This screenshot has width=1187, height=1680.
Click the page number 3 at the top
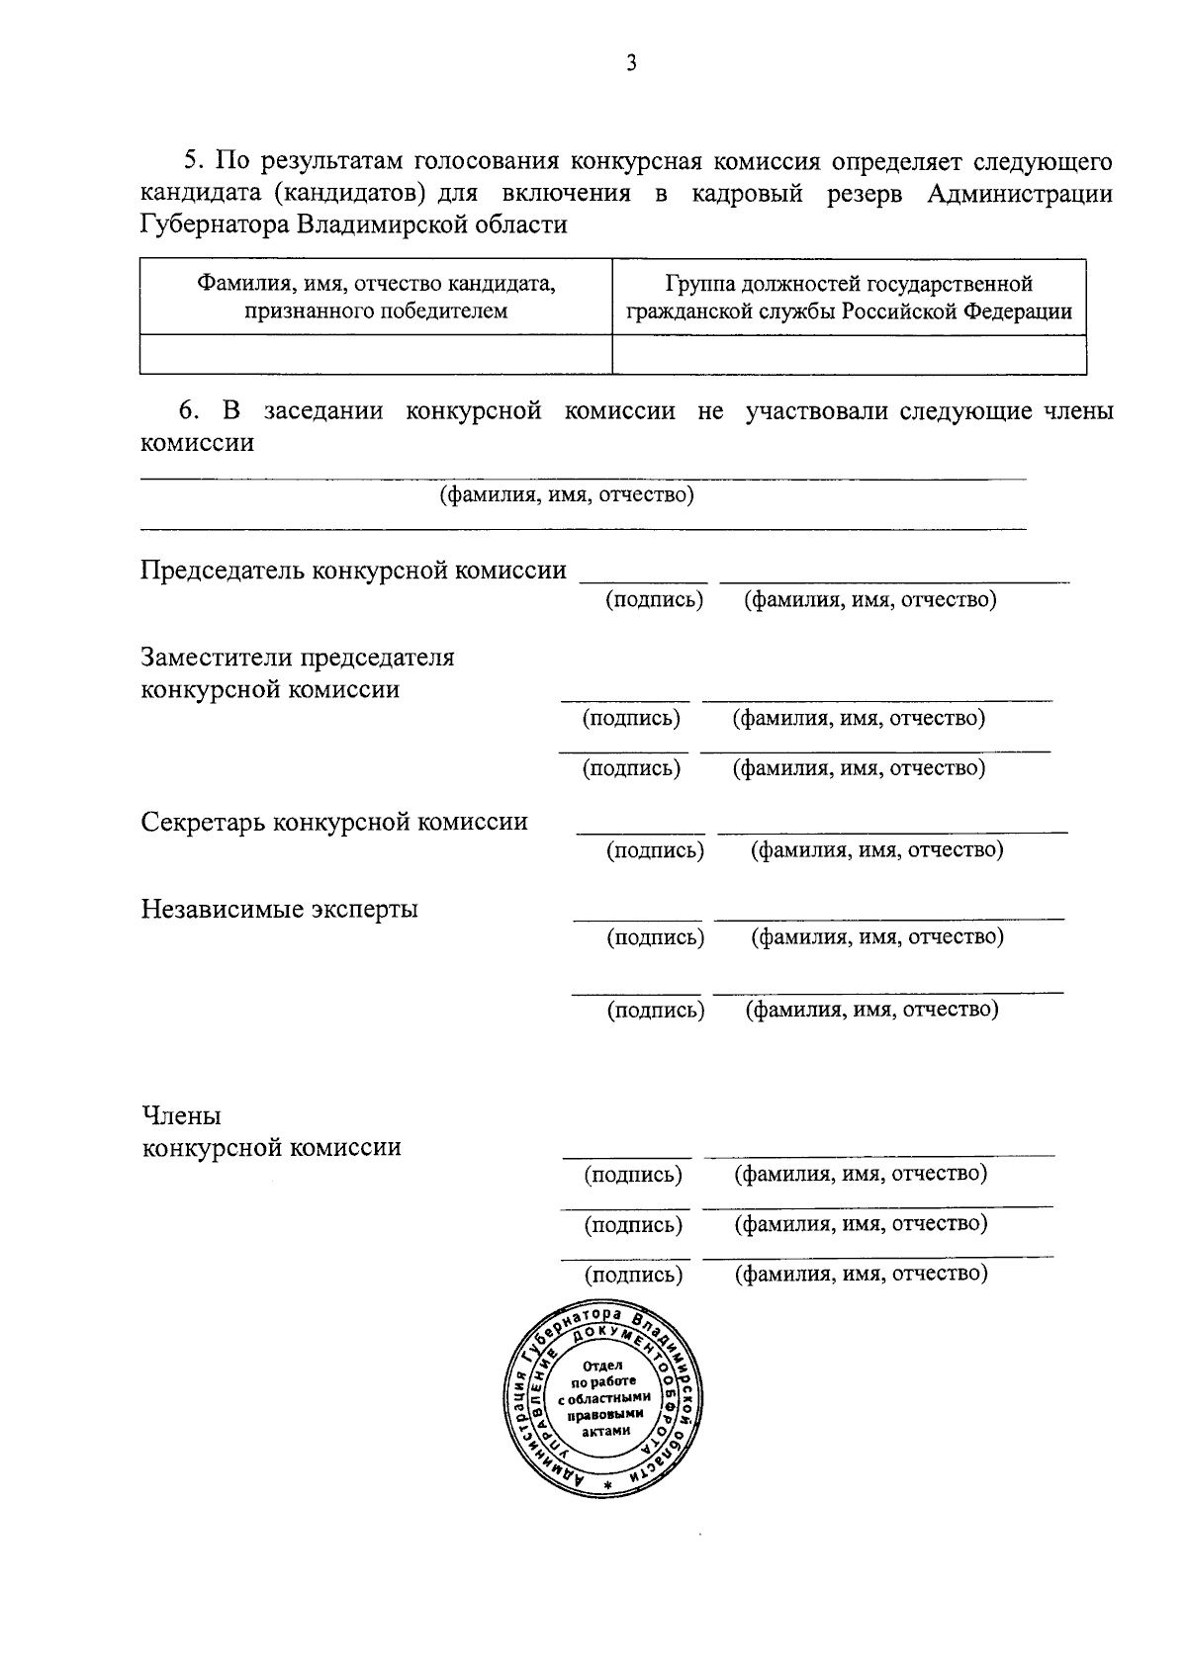point(631,64)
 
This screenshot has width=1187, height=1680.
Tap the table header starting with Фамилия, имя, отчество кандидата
point(376,298)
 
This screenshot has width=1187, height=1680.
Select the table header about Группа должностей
point(849,298)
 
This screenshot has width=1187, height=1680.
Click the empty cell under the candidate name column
point(376,354)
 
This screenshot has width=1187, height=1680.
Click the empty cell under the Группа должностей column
point(849,354)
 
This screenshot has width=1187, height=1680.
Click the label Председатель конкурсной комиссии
point(353,571)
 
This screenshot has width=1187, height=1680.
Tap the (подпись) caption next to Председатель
point(654,599)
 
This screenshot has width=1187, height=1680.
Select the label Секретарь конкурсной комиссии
point(334,822)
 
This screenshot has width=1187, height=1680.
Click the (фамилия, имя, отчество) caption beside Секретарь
point(876,849)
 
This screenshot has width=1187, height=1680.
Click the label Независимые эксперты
point(279,909)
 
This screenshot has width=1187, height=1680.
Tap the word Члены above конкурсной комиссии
point(181,1116)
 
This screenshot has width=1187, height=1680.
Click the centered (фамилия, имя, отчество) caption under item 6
point(567,494)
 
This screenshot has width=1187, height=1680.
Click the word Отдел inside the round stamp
point(603,1366)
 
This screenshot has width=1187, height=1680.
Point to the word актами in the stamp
point(603,1430)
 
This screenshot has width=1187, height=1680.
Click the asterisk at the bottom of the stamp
point(608,1486)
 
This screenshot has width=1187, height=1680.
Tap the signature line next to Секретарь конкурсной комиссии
point(641,832)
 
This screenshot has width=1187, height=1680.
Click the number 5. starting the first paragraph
point(193,161)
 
